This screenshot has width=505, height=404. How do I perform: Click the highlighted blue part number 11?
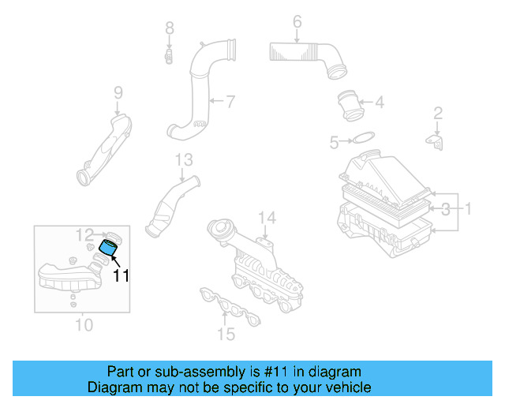point(107,250)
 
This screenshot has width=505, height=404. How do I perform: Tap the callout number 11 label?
point(121,275)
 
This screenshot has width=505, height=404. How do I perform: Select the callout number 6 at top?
point(297,21)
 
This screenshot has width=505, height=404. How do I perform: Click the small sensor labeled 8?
point(169,56)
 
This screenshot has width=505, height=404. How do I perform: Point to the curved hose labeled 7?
point(197,87)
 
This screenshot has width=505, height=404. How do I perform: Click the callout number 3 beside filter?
point(446,209)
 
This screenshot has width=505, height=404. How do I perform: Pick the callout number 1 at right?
point(467,209)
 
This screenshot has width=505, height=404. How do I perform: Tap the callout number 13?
point(183,160)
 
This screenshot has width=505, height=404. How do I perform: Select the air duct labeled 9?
point(107,150)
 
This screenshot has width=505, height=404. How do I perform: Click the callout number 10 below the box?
point(83,324)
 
